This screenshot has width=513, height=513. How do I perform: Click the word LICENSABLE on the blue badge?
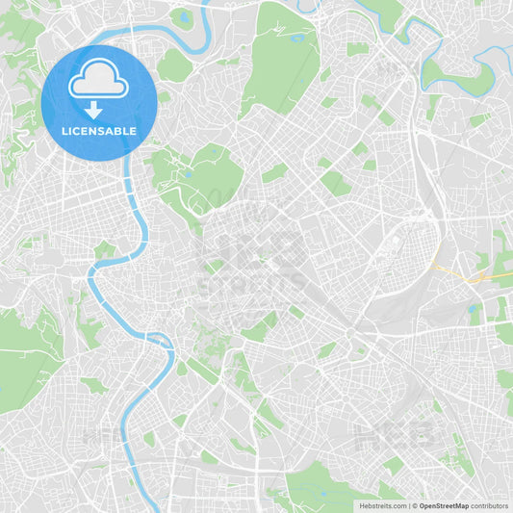[x=98, y=131]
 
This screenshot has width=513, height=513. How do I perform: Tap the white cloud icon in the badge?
[x=98, y=79]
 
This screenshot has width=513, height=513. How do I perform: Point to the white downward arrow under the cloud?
[x=93, y=109]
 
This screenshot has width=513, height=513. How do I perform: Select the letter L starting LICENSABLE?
[x=63, y=131]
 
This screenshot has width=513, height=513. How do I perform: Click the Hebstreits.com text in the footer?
[x=382, y=505]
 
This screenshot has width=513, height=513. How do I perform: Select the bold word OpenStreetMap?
[x=444, y=505]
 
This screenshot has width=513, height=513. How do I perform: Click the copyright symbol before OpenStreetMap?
[x=414, y=505]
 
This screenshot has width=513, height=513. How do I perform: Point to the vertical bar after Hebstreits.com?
[x=407, y=505]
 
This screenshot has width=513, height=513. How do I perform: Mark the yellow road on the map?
[x=460, y=274]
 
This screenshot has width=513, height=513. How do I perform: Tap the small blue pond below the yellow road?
[x=473, y=310]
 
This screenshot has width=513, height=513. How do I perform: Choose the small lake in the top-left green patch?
[x=183, y=16]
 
